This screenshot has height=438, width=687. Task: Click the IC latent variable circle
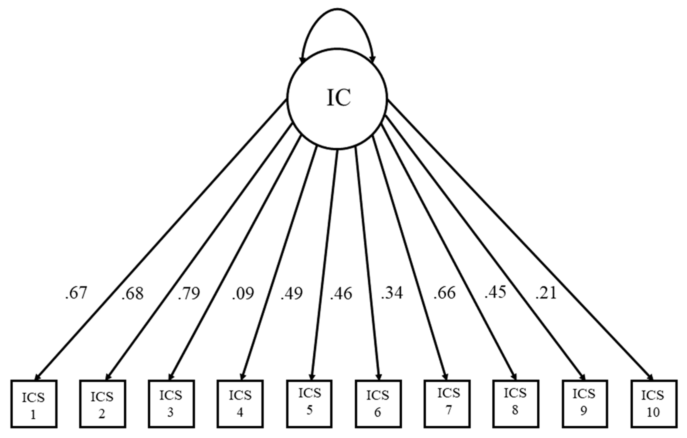pos(337,98)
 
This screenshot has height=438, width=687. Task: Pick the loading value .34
pos(392,293)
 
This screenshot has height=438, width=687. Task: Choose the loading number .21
pos(546,293)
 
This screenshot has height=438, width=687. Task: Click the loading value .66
pos(444,293)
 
